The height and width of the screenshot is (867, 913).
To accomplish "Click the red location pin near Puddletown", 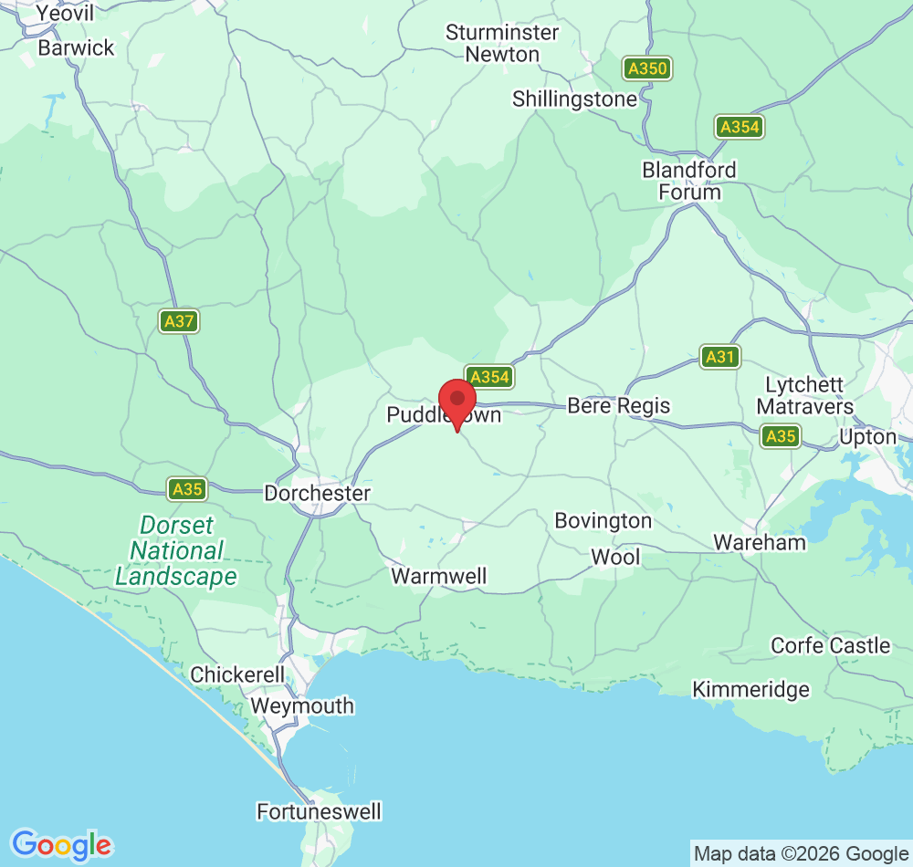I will (457, 401).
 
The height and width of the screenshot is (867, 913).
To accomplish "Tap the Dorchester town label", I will (317, 493).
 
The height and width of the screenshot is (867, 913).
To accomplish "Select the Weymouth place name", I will (301, 706).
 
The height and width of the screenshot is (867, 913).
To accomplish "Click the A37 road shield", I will (179, 321).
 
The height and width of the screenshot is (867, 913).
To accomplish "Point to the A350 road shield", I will (647, 68).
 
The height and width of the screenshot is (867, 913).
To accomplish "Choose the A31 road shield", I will (720, 357).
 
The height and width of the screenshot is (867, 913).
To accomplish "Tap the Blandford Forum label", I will (688, 181).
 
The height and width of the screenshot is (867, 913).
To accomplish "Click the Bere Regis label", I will (618, 405).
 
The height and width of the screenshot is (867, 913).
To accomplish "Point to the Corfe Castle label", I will (830, 645).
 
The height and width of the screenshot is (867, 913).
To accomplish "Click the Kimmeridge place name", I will (750, 689).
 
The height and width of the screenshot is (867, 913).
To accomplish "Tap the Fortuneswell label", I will (319, 810).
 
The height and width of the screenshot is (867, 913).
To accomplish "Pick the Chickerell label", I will (237, 674).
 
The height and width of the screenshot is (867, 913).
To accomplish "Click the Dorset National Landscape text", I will (176, 550).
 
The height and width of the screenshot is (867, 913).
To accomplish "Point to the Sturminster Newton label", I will (502, 43).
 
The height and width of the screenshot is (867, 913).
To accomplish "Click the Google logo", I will (61, 845).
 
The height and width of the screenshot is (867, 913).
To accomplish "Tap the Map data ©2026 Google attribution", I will (801, 854).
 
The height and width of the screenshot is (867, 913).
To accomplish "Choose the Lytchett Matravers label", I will (804, 395).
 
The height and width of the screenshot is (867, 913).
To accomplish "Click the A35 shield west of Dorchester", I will (187, 489).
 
